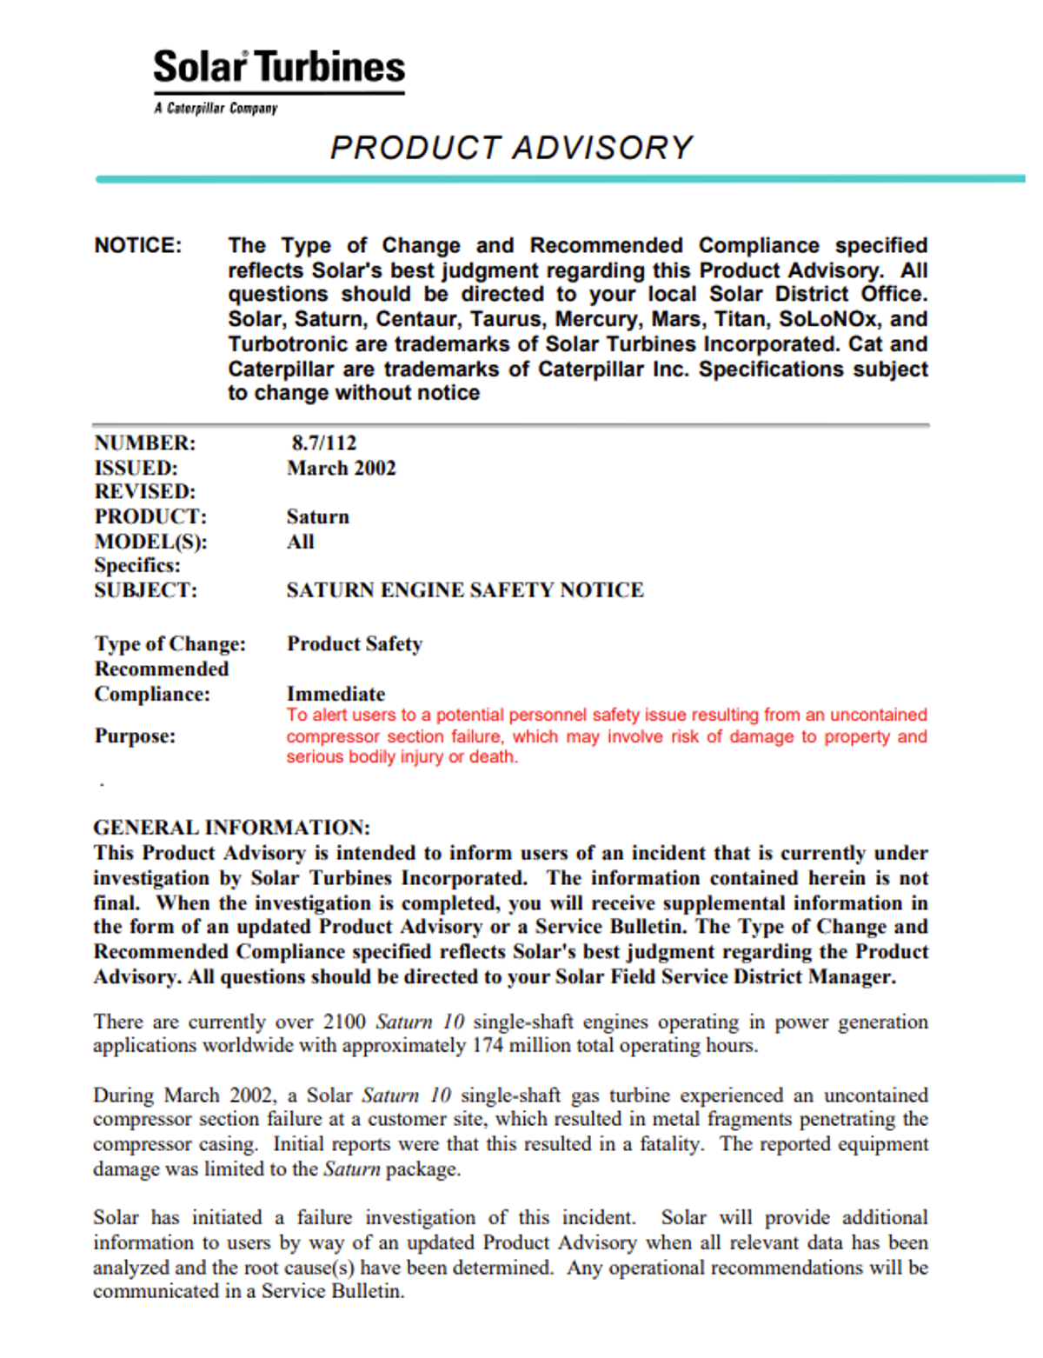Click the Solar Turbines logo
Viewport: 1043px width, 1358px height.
tap(279, 68)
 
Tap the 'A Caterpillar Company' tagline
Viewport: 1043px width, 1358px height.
tap(216, 109)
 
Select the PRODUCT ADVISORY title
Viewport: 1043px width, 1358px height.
tap(511, 148)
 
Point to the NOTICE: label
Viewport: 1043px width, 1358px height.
tap(138, 246)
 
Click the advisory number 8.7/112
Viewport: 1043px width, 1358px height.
tap(323, 443)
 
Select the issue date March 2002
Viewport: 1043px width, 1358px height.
tap(341, 469)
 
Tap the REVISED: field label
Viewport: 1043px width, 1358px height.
tap(144, 492)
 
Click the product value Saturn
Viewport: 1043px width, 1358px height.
tap(317, 517)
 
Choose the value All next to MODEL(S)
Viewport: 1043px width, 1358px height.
tap(300, 543)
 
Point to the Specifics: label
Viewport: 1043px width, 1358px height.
tap(137, 566)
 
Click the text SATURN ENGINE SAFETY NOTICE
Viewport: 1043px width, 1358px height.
tap(465, 590)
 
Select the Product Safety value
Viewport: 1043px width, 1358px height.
tap(354, 644)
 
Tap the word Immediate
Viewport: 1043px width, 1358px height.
tap(335, 694)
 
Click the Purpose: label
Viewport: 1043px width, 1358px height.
tap(135, 736)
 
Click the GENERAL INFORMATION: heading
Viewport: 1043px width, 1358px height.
tap(231, 828)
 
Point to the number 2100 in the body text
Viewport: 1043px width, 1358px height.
tap(344, 1022)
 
